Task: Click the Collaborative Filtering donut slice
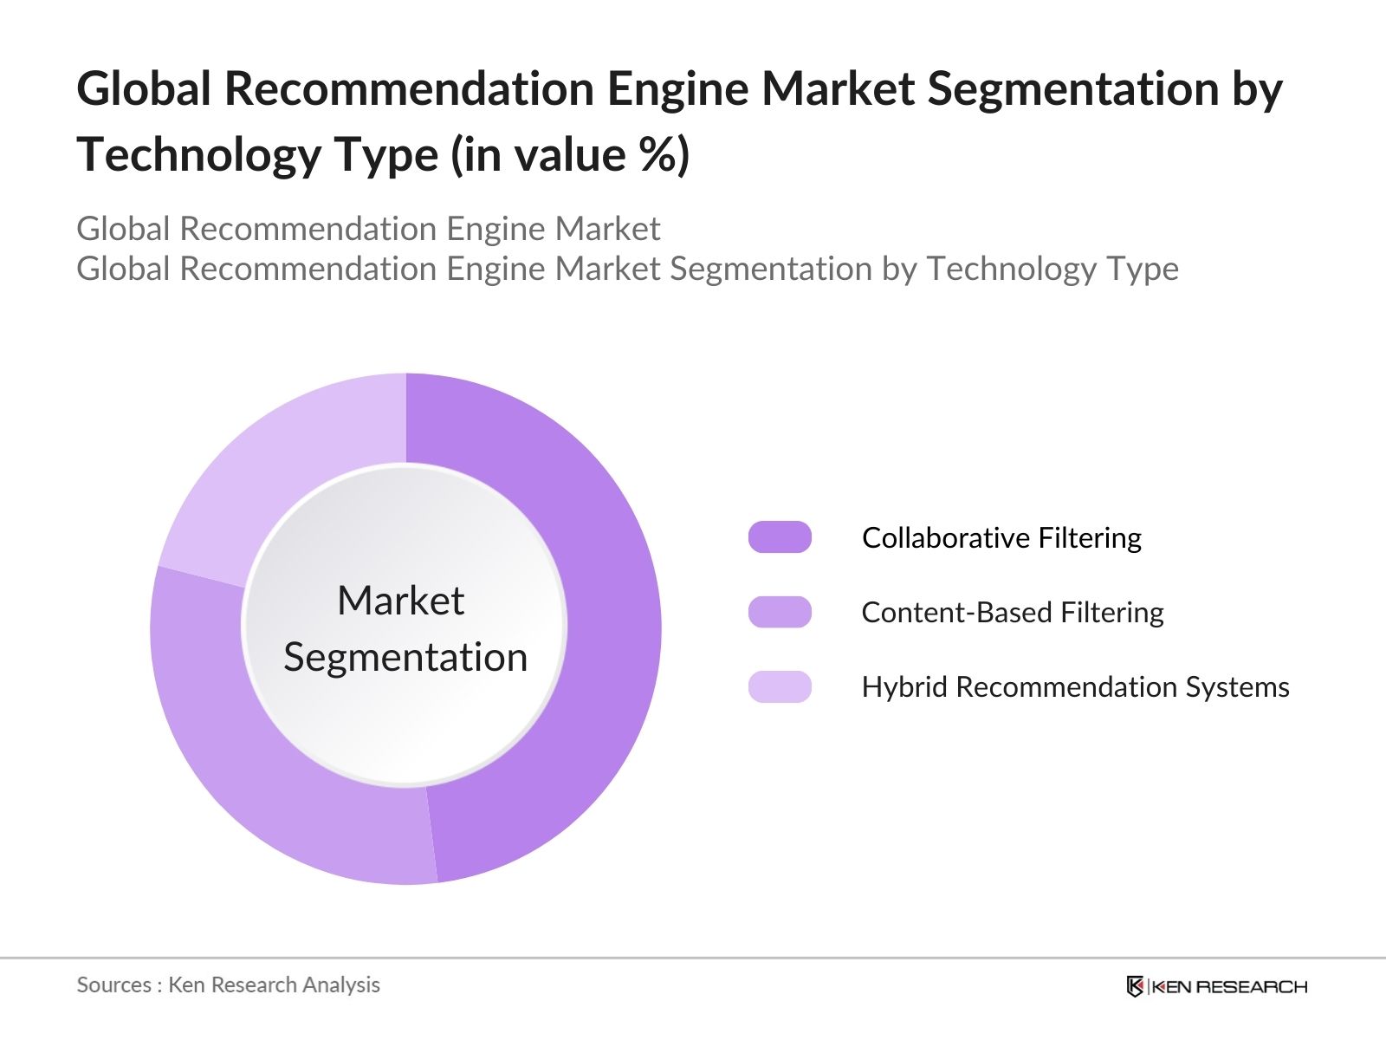coord(606,632)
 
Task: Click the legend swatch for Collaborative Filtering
coord(780,537)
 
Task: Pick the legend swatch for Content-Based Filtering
coord(780,612)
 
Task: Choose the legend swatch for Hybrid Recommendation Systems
coord(780,686)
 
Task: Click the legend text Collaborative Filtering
coord(1001,538)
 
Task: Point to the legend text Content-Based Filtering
coord(1013,613)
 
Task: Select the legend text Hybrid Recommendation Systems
coord(1075,687)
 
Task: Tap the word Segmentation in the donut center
coord(405,657)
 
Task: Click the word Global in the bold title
coord(144,88)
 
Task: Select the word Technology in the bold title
coord(199,155)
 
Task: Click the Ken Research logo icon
coord(1136,986)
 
